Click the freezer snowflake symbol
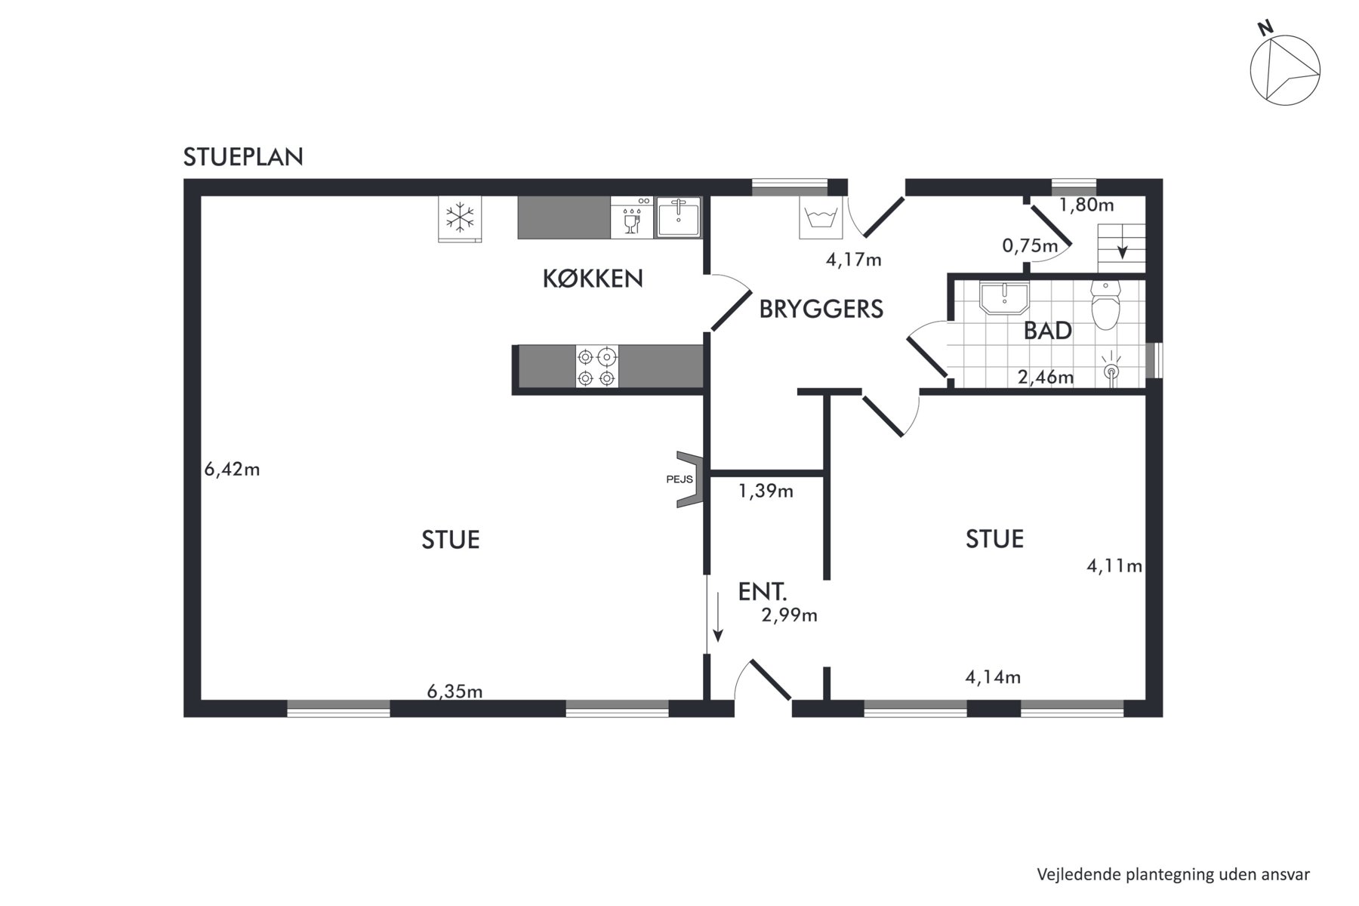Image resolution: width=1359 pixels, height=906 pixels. coord(460,219)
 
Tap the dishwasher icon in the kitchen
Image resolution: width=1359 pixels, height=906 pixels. coord(632,217)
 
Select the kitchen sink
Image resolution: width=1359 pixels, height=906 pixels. coord(679,217)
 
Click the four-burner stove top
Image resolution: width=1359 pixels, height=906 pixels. coord(597,367)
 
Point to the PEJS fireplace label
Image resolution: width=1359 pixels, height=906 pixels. coord(679,479)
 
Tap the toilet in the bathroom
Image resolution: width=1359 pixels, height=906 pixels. coord(1105,306)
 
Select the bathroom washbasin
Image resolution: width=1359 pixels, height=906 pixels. coord(1004,297)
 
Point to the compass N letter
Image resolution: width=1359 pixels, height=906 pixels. coord(1266,28)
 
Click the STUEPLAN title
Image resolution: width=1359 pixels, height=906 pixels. coord(243,157)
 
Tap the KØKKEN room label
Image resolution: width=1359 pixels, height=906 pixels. coord(593,279)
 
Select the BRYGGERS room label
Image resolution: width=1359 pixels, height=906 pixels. coord(821,310)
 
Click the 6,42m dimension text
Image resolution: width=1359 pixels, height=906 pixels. coord(232,470)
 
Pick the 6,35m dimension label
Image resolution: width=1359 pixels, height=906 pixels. coord(455,691)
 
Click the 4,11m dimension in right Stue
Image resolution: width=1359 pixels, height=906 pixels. coord(1114,565)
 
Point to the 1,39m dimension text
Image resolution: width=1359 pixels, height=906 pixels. coord(766,492)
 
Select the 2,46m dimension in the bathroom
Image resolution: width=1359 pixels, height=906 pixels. coord(1046,377)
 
